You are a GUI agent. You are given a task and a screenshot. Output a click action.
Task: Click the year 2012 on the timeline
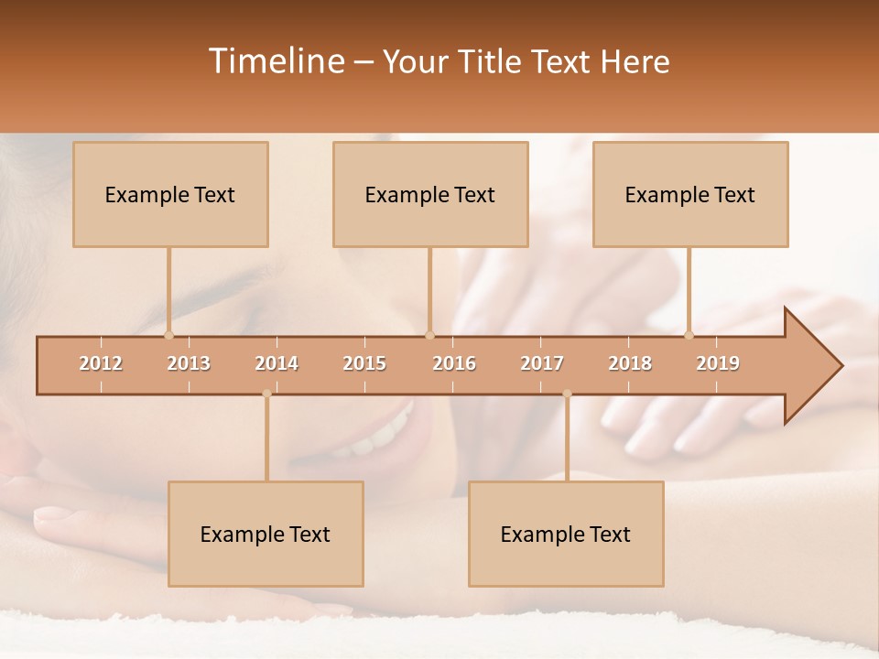point(101,363)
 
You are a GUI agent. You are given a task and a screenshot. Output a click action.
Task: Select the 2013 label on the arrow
point(189,363)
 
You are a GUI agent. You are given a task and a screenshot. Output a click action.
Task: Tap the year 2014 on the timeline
point(277,363)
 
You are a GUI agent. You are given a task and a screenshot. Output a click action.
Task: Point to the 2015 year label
point(364,363)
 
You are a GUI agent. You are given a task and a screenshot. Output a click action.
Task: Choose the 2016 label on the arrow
point(454,363)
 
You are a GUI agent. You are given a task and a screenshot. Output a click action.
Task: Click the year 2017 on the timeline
point(542,363)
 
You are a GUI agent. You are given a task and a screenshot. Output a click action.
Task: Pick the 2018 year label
point(630,363)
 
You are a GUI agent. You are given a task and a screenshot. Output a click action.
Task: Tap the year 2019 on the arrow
point(718,363)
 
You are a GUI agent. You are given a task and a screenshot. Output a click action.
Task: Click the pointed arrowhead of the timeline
point(815,366)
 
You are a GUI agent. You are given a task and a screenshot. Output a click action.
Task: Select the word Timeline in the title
point(276,61)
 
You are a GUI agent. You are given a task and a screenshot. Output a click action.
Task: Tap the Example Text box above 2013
point(170,194)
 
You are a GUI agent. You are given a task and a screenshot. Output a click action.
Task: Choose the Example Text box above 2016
point(430,194)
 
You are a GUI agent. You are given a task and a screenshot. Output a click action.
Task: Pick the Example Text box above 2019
point(690,194)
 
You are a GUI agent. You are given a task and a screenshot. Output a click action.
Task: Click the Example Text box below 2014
point(266,534)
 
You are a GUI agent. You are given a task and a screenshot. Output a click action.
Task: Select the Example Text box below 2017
point(566,534)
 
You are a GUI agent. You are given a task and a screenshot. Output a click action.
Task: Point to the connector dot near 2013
point(168,335)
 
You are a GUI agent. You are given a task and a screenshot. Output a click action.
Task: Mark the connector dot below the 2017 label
point(567,394)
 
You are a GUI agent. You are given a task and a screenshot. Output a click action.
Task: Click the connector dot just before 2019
point(689,335)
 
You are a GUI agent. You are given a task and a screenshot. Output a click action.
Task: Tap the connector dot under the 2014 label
point(266,394)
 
